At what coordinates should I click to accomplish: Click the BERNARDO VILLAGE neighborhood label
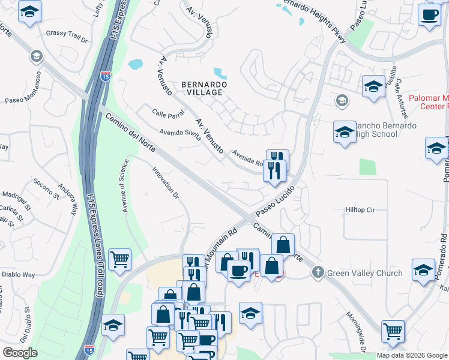(x=204, y=89)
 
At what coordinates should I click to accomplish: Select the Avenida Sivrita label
(x=179, y=133)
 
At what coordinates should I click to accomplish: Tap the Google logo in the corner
(x=20, y=353)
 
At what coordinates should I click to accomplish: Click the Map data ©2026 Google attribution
(x=411, y=355)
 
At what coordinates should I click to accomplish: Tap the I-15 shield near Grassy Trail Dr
(x=106, y=76)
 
